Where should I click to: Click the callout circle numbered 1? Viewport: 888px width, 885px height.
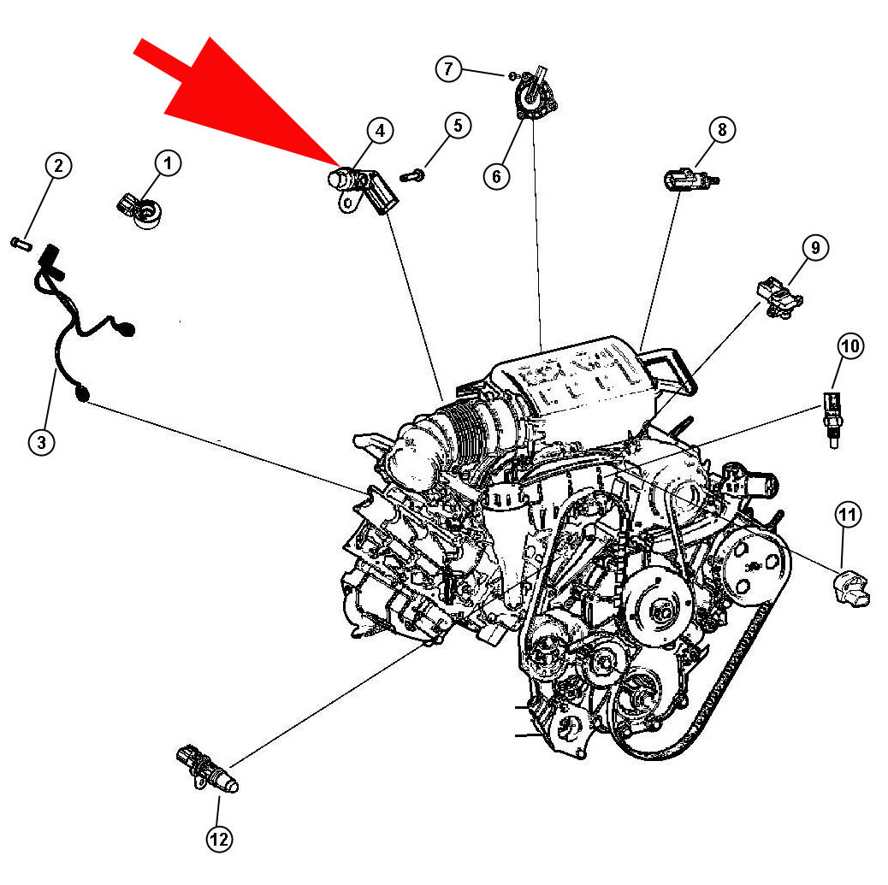click(x=168, y=162)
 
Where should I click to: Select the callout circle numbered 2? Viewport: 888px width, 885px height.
click(x=58, y=166)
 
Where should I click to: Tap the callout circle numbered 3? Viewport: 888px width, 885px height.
click(x=41, y=441)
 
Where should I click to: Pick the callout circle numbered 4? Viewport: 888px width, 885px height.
click(x=380, y=131)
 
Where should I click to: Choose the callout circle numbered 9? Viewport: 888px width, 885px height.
click(x=814, y=248)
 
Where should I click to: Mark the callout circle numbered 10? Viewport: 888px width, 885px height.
click(x=850, y=346)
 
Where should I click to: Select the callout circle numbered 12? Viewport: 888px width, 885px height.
click(x=219, y=840)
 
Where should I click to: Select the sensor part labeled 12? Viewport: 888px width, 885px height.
click(x=210, y=769)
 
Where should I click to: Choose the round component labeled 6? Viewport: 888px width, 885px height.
click(x=534, y=96)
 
